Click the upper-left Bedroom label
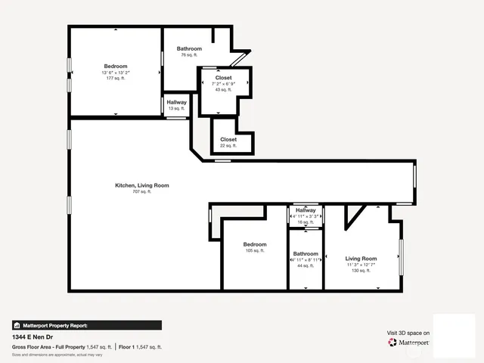click(115, 66)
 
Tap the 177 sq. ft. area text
click(115, 78)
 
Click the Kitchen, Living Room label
click(141, 185)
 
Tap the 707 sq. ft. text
click(141, 192)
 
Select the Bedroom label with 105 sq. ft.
click(254, 244)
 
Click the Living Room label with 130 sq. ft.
click(361, 259)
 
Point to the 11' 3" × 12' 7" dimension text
click(361, 265)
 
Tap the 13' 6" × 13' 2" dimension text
click(115, 72)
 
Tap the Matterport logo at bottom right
click(408, 343)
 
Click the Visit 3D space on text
click(408, 333)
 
